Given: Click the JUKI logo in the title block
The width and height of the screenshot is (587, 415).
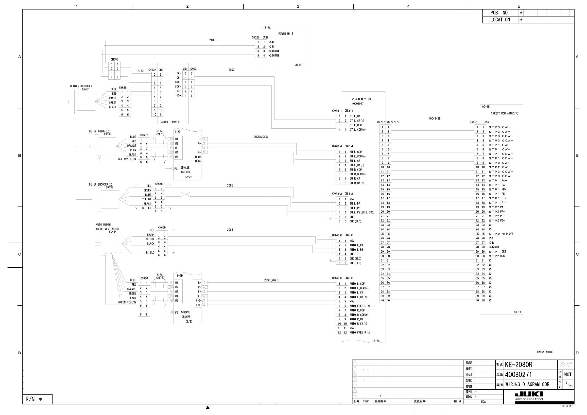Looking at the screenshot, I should (529, 394).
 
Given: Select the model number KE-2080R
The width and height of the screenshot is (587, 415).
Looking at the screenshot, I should (518, 365).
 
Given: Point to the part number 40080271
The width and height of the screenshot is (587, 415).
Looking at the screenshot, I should (518, 375).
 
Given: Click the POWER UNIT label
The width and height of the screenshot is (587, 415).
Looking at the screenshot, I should (286, 34).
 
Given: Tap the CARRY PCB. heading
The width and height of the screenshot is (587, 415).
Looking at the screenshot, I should (362, 99).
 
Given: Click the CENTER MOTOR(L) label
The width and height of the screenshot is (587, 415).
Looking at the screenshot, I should (81, 86).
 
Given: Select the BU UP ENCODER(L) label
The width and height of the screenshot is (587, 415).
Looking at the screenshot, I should (101, 184).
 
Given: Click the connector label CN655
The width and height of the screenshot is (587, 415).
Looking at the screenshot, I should (114, 60).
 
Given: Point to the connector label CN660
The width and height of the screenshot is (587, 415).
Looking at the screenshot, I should (144, 278).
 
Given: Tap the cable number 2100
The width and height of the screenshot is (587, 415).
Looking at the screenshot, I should (212, 40).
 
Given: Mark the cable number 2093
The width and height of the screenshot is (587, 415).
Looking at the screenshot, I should (231, 70).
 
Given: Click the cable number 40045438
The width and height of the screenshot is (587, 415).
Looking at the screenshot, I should (434, 119).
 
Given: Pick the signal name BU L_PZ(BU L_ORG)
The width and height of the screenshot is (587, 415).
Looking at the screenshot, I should (362, 212).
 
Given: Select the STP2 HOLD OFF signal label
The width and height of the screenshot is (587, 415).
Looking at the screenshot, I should (501, 234).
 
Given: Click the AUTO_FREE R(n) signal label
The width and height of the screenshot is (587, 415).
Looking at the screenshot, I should (360, 333).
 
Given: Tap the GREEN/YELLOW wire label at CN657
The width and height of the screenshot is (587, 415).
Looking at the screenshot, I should (127, 159).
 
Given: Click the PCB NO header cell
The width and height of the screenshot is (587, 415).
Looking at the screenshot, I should (499, 13).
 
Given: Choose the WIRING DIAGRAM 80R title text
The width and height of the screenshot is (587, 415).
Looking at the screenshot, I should (527, 384).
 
